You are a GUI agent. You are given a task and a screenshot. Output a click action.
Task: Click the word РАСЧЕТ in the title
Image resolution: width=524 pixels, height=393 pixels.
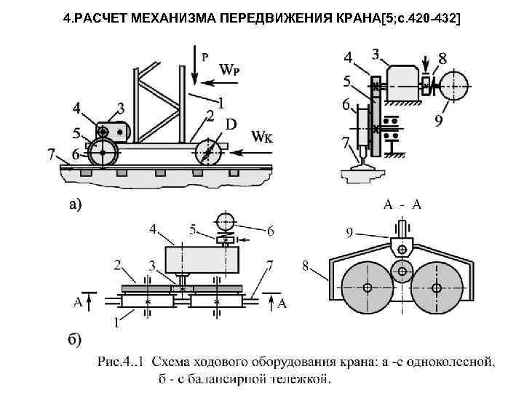click(114, 17)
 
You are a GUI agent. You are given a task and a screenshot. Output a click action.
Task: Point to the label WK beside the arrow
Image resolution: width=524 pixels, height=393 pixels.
click(263, 135)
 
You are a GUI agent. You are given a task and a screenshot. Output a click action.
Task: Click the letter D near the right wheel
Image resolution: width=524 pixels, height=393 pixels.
click(231, 124)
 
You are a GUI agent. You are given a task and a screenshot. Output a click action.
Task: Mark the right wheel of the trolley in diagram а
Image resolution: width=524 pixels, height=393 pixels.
click(208, 154)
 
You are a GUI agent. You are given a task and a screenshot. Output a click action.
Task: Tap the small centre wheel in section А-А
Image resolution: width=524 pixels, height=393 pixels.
click(402, 272)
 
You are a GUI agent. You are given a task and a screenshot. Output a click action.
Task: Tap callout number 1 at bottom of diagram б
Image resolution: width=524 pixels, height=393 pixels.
click(116, 320)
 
